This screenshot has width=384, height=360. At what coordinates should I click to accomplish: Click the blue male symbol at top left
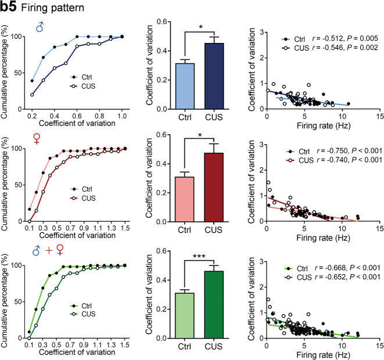tap(40, 27)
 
